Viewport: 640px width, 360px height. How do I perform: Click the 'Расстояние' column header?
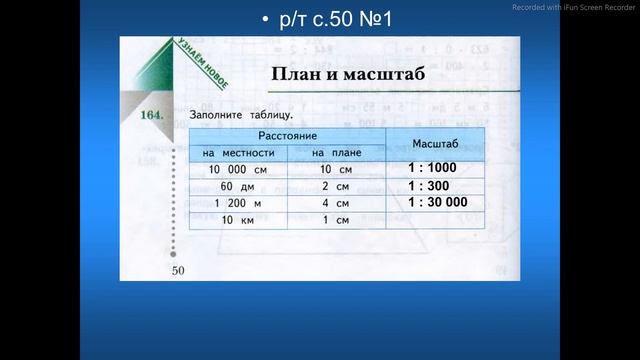click(287, 134)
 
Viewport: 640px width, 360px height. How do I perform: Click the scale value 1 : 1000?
click(432, 169)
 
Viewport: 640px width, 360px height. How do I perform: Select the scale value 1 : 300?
click(429, 185)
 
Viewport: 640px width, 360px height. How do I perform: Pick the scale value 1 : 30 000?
click(437, 201)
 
